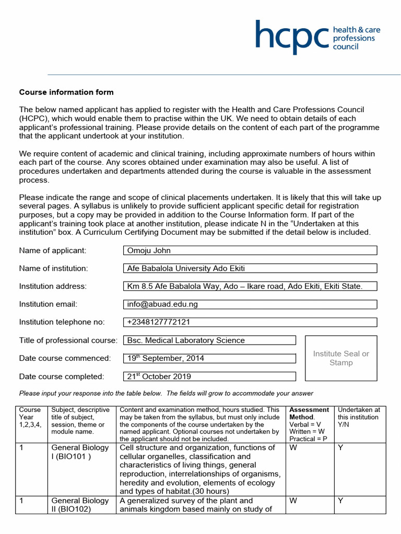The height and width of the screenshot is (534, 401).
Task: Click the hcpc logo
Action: [x=317, y=37]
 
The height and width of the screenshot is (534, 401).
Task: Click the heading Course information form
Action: [x=66, y=92]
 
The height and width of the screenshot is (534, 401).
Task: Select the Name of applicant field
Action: [x=250, y=250]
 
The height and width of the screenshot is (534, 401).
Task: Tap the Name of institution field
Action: [x=250, y=269]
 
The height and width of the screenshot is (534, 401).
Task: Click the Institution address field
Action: [x=250, y=286]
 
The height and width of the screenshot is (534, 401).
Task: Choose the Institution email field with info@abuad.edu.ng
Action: [x=250, y=304]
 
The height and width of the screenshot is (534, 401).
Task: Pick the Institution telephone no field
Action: [x=250, y=322]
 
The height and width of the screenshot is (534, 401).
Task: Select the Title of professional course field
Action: [x=209, y=341]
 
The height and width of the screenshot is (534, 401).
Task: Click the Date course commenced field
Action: [x=209, y=358]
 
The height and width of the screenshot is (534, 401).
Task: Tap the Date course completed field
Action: [x=209, y=377]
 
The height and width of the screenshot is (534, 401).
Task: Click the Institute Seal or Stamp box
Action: [x=340, y=358]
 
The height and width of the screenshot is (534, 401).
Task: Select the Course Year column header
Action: [x=30, y=420]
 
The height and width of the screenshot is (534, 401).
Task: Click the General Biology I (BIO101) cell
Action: [x=80, y=452]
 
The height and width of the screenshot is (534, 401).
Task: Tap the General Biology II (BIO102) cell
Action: [x=80, y=505]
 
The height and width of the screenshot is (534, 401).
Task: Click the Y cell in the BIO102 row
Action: [x=340, y=501]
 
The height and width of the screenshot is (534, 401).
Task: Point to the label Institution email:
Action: [x=48, y=304]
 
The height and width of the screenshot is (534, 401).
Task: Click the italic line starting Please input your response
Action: [x=166, y=393]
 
